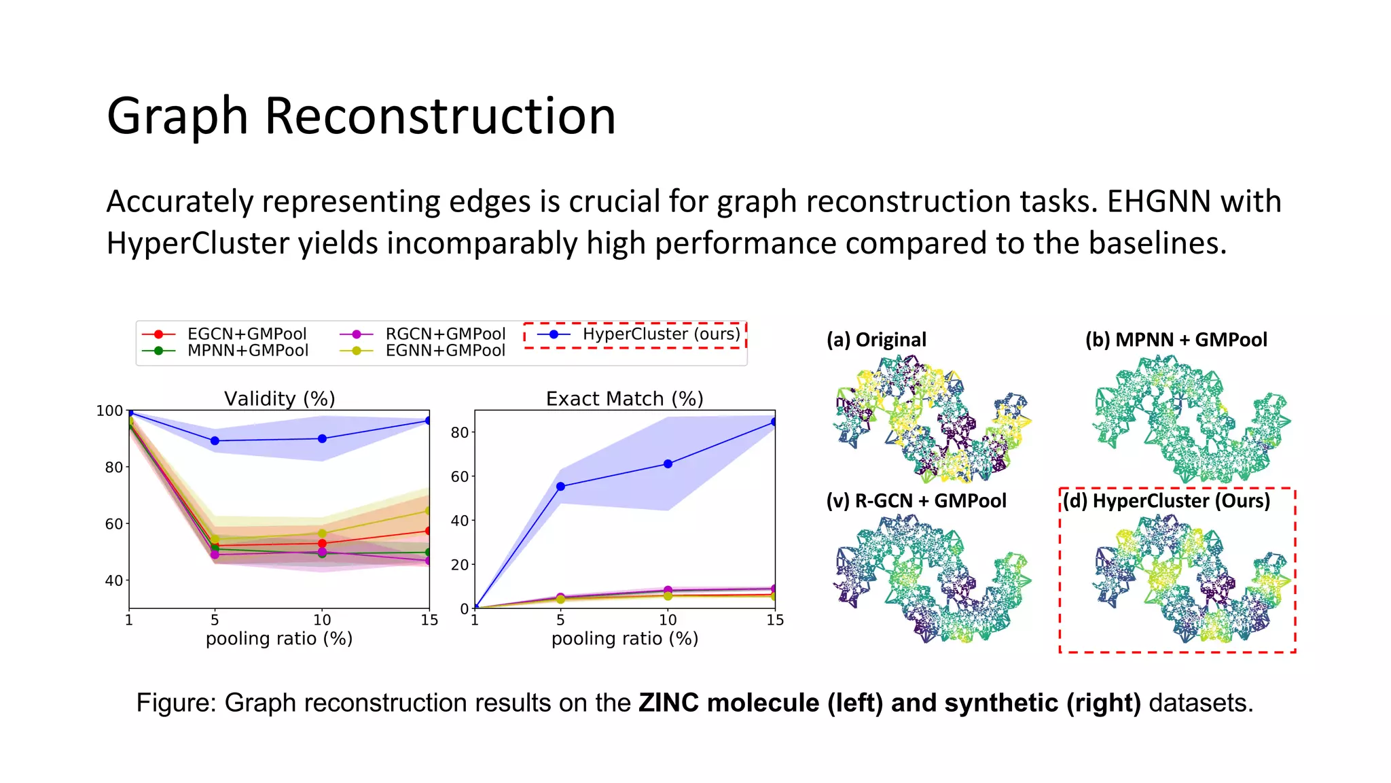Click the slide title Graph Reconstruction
[x=361, y=116]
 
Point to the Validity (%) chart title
[x=280, y=398]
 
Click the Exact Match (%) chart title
[x=624, y=398]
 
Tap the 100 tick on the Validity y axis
[x=109, y=411]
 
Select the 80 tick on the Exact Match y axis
[x=460, y=432]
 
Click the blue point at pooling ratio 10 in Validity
[x=322, y=438]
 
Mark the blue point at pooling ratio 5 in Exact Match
[x=560, y=487]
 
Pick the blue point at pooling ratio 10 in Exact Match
[x=668, y=464]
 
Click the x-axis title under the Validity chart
[x=279, y=639]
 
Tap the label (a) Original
[x=876, y=340]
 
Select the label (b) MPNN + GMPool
[x=1176, y=340]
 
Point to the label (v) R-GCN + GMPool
[x=916, y=501]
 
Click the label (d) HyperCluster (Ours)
[x=1166, y=501]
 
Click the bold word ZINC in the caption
[x=668, y=703]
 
